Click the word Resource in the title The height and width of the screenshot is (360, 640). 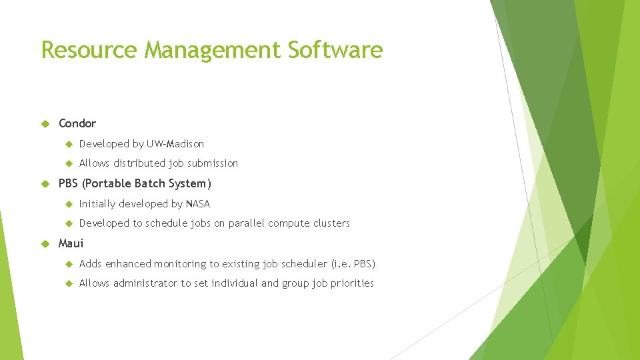point(90,49)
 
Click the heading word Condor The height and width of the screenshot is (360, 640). point(77,123)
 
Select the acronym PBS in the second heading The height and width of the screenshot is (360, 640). point(69,183)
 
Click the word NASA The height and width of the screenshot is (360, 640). point(198,204)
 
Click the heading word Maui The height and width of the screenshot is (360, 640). point(71,243)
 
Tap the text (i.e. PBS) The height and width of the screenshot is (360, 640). point(353,264)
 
